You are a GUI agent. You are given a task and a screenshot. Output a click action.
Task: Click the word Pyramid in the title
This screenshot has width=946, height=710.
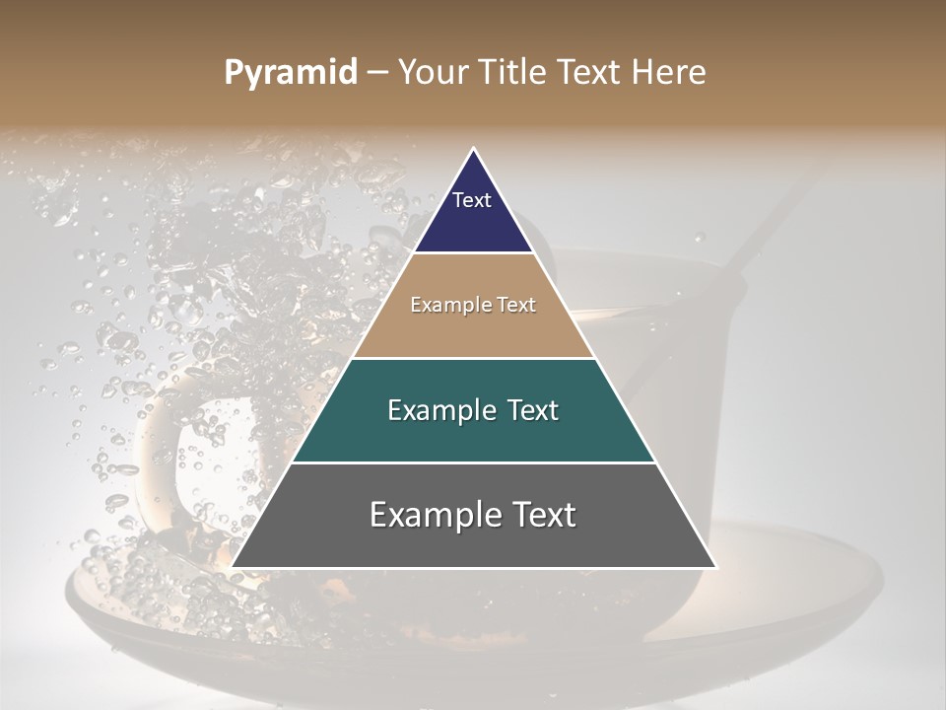tap(291, 73)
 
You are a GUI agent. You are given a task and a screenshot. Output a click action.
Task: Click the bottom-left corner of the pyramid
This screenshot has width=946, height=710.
tap(233, 567)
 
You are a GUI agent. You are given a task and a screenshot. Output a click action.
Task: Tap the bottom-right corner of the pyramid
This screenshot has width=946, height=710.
tap(716, 567)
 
